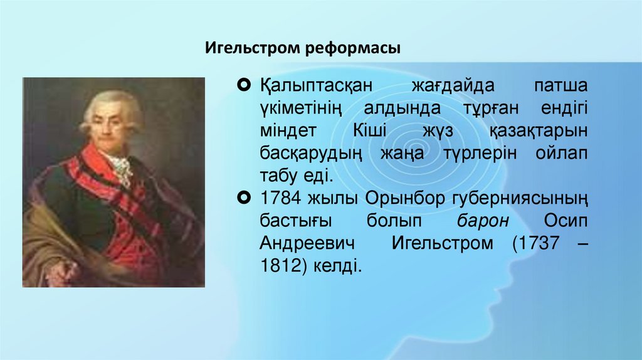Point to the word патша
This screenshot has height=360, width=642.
560,85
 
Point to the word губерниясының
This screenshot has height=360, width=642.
519,199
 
